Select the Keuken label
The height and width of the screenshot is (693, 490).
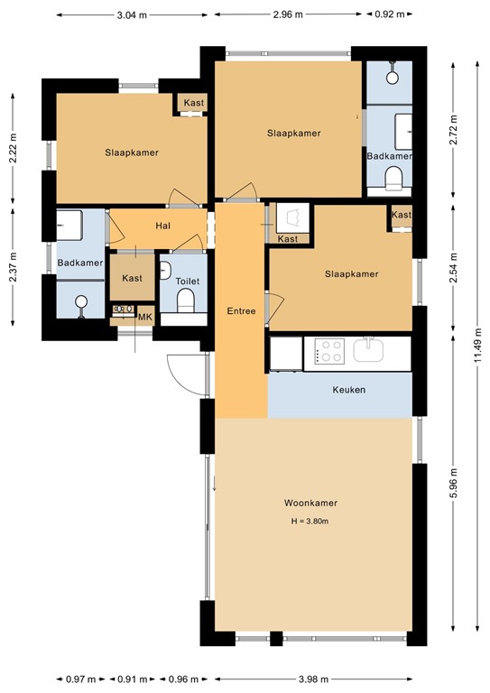pyautogui.click(x=348, y=390)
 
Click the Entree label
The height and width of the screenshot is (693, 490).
pyautogui.click(x=241, y=311)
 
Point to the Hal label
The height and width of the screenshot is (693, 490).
pyautogui.click(x=162, y=226)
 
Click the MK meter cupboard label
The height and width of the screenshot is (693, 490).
pyautogui.click(x=143, y=318)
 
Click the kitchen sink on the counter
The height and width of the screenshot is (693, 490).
pyautogui.click(x=369, y=350)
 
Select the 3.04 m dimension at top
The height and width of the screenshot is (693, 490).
pyautogui.click(x=134, y=15)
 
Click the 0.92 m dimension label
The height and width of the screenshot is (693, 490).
pyautogui.click(x=390, y=15)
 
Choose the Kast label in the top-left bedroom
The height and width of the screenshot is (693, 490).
pyautogui.click(x=193, y=104)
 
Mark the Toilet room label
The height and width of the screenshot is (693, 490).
pyautogui.click(x=187, y=282)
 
